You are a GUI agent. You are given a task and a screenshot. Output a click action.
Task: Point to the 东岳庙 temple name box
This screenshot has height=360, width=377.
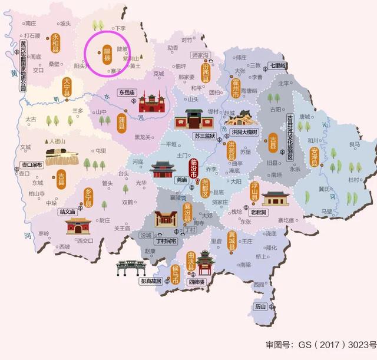(x=127, y=93)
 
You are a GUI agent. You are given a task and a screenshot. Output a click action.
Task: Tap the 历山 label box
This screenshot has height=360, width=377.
(x=260, y=306)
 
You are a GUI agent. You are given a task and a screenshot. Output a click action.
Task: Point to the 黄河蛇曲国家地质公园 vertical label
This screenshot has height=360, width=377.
(x=24, y=65)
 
